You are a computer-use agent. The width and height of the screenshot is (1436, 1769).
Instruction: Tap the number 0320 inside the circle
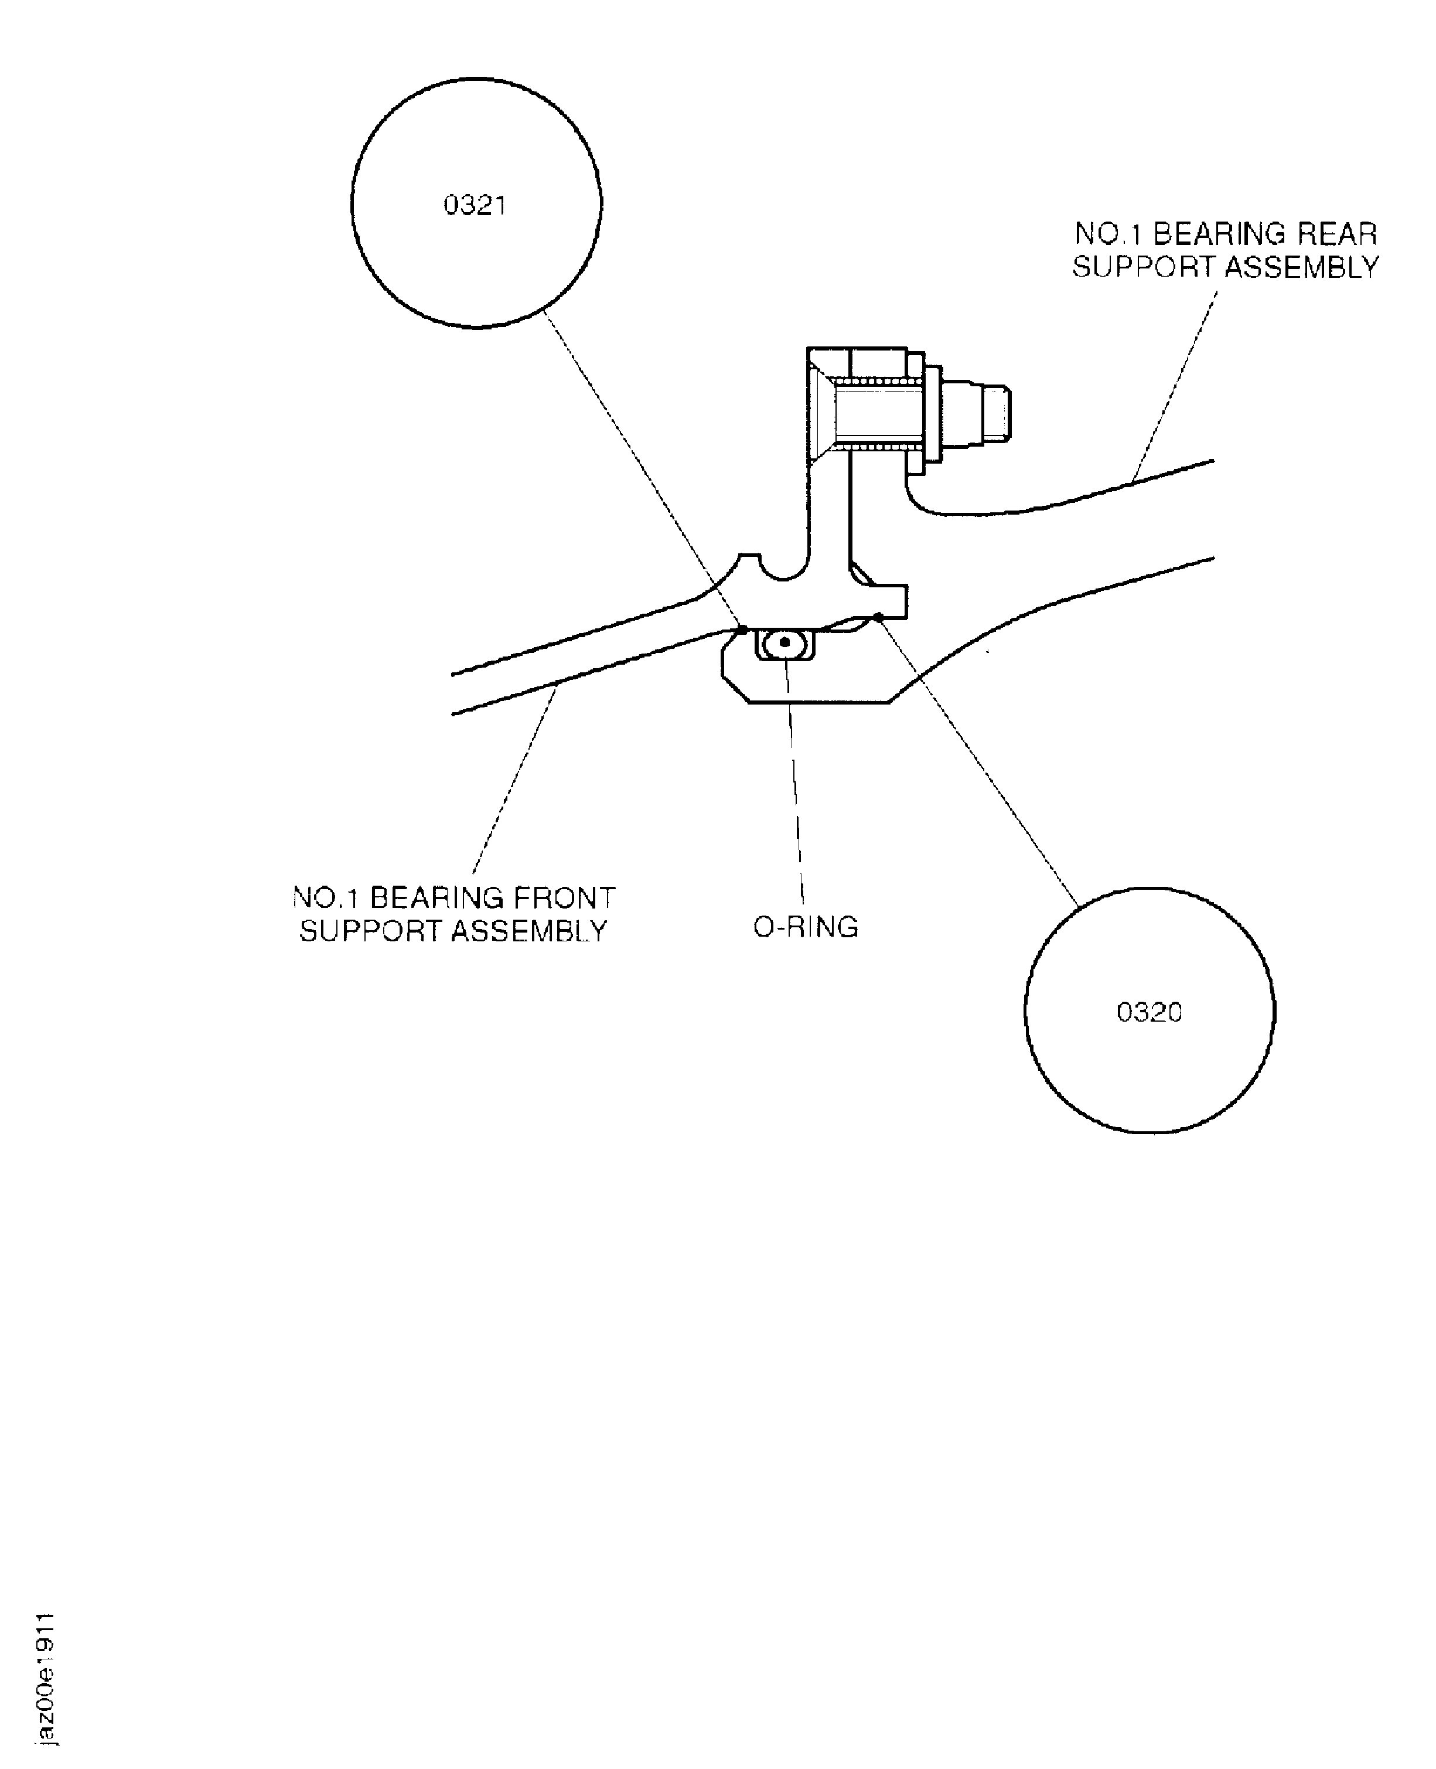pyautogui.click(x=1149, y=1012)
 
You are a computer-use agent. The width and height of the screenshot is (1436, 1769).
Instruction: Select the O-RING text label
pyautogui.click(x=806, y=927)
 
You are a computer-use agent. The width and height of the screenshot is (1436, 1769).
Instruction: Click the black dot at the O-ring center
pyautogui.click(x=784, y=641)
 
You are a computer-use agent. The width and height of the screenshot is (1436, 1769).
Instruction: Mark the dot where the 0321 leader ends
pyautogui.click(x=742, y=629)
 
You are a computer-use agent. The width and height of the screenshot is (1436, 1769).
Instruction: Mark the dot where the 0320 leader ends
pyautogui.click(x=878, y=615)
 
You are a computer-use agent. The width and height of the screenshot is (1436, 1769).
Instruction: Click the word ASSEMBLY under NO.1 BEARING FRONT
pyautogui.click(x=530, y=931)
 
